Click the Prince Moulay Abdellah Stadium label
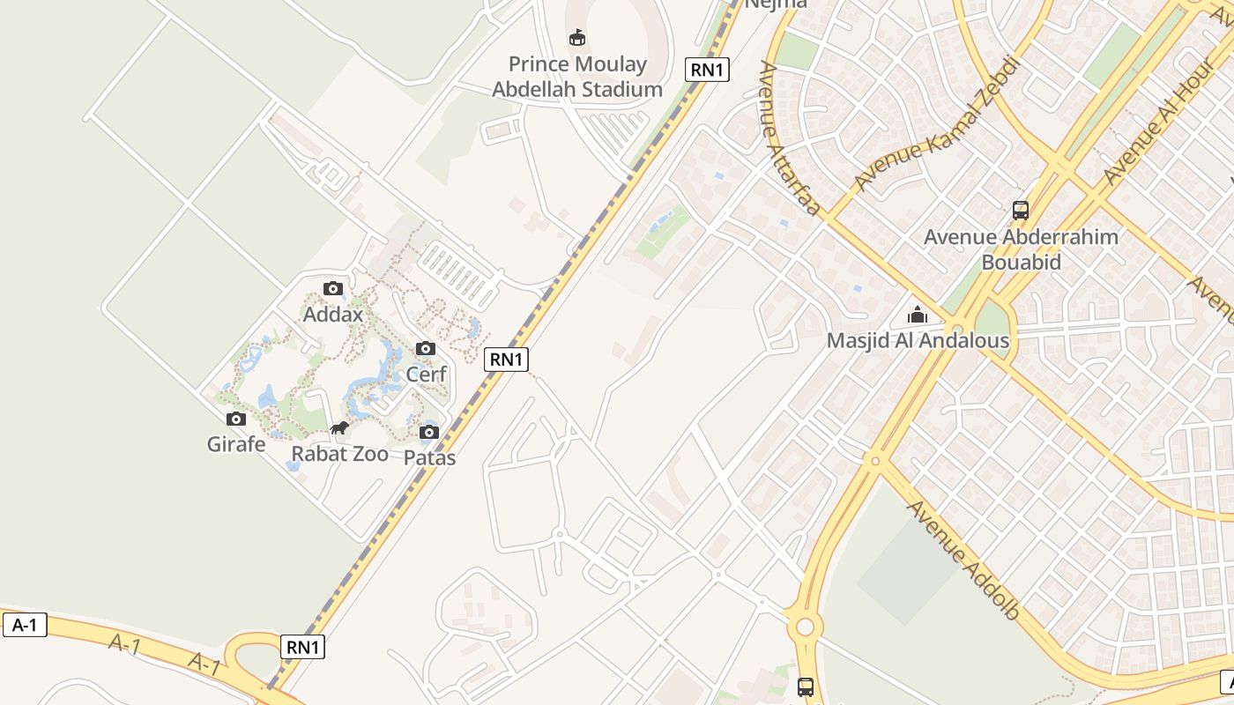tap(577, 77)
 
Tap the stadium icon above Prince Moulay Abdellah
tap(577, 37)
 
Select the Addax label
tap(333, 314)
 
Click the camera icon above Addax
tap(333, 288)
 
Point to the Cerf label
tap(426, 374)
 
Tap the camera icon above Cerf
tap(426, 348)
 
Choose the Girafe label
tap(236, 444)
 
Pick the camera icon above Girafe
tap(236, 419)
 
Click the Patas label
tap(429, 457)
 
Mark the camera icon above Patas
tap(429, 432)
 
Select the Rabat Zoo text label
tap(340, 454)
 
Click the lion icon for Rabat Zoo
tap(339, 429)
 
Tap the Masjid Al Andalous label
tap(918, 340)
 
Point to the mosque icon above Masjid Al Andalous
tap(918, 315)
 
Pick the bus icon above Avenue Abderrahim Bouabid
tap(1021, 211)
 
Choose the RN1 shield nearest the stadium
tap(707, 69)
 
